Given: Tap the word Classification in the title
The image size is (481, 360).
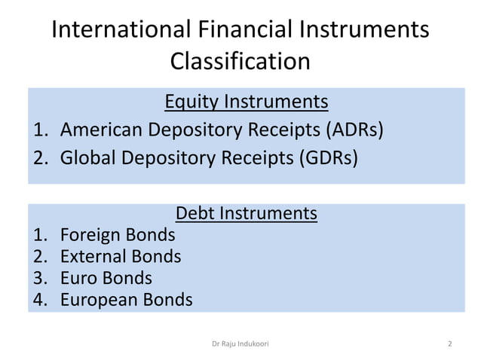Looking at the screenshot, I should point(240,60).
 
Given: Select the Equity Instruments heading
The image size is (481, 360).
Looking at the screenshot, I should point(246,101).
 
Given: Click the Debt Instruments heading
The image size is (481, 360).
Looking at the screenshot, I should point(246,213).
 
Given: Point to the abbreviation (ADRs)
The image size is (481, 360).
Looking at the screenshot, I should point(354,130).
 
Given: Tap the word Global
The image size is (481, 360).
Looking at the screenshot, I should point(88,159).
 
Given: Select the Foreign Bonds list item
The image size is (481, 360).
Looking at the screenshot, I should point(118,235).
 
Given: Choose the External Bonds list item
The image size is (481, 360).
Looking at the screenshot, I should point(121,256).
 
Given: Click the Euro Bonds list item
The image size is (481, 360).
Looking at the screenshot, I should point(106,278).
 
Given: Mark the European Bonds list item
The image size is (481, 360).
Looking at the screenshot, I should point(126,300).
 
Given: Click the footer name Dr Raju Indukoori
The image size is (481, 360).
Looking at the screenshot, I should point(240,343).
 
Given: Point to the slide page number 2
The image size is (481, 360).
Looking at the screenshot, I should point(449,343).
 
